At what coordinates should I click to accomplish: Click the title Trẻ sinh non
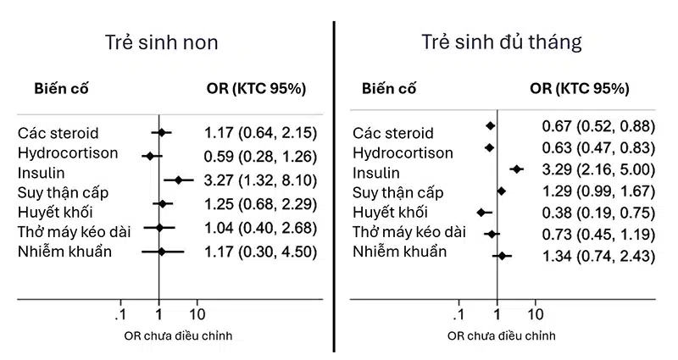tap(161, 42)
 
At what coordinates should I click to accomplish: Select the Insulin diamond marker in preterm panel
tap(179, 179)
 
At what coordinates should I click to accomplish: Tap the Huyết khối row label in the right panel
tap(390, 212)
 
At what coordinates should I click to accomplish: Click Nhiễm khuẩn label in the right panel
tap(399, 252)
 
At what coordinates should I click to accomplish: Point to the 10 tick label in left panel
tap(197, 312)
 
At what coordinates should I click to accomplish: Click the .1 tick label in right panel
tap(458, 312)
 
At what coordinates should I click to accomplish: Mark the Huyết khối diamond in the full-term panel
tap(481, 212)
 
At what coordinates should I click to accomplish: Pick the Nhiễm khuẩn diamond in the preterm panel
tap(162, 252)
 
